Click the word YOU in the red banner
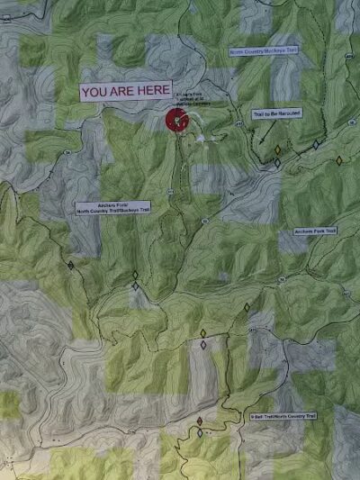click(x=95, y=92)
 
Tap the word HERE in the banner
click(x=151, y=92)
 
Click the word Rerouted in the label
click(x=291, y=113)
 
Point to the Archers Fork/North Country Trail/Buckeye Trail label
click(x=101, y=207)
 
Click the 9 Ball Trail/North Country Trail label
click(x=283, y=416)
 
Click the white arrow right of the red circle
click(x=200, y=137)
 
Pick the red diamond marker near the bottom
click(x=200, y=421)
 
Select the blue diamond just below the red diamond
click(x=200, y=432)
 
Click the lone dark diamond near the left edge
click(x=70, y=266)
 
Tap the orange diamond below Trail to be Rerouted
click(x=277, y=149)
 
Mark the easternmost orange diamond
click(x=339, y=160)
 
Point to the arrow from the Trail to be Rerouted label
click(x=263, y=135)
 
